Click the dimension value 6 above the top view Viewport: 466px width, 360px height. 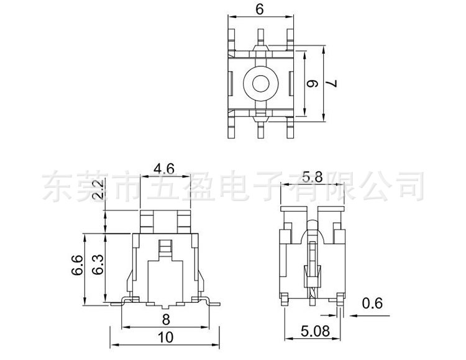[x=259, y=9]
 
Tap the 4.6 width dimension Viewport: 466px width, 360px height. [x=163, y=168]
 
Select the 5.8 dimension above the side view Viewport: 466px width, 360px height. [x=312, y=178]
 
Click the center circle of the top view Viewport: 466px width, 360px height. [x=259, y=82]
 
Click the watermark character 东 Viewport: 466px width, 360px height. [x=57, y=186]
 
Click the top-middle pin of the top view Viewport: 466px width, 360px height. [x=259, y=35]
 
